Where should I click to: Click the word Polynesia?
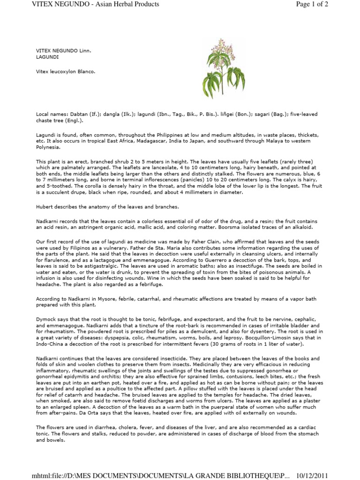point(49,146)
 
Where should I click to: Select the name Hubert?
point(45,207)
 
